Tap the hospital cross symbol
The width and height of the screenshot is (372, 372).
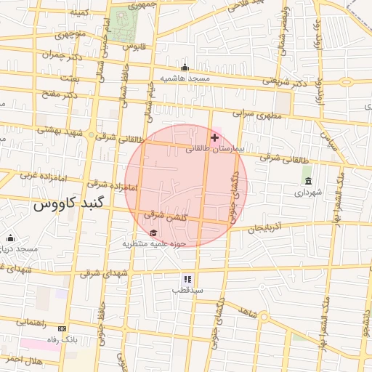214,137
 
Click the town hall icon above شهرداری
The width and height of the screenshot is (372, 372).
308,181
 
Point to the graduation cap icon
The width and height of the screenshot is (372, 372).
153,232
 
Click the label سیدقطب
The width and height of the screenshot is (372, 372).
187,290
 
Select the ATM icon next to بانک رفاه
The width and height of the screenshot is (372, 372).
61,328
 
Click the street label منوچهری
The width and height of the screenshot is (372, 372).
70,33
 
